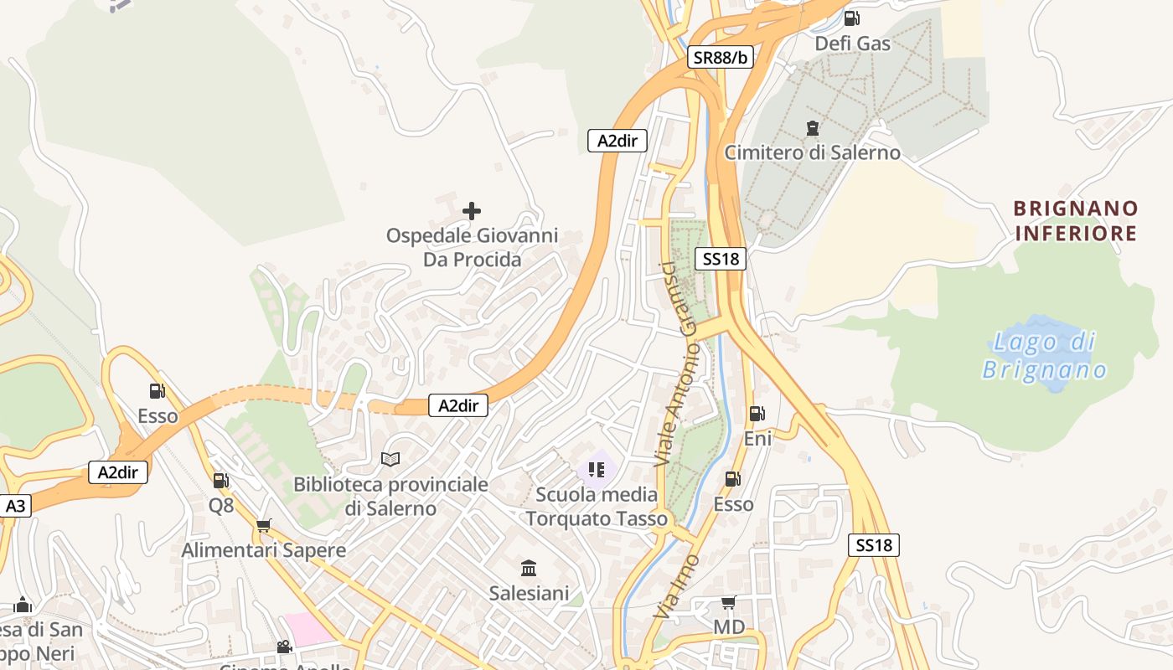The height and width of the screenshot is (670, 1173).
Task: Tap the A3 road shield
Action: (x=16, y=506)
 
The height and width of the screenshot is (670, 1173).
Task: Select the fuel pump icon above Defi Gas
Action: (x=852, y=18)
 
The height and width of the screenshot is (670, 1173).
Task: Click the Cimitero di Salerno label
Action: (x=812, y=152)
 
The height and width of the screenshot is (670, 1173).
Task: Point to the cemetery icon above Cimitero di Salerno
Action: (x=812, y=128)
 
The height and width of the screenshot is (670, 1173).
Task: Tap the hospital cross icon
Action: (x=472, y=211)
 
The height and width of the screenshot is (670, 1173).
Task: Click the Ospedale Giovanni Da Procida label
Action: (x=472, y=248)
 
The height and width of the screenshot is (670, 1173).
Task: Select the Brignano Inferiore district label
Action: (x=1076, y=220)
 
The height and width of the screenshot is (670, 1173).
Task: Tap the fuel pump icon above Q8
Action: (x=221, y=481)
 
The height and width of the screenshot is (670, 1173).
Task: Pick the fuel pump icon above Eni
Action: (x=757, y=413)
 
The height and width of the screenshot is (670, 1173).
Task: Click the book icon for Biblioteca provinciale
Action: (x=390, y=459)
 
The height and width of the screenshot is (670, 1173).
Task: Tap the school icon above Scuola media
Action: (x=597, y=470)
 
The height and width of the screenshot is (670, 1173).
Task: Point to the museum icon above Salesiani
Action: (x=529, y=569)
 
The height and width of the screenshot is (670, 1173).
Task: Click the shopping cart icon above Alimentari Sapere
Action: (x=264, y=526)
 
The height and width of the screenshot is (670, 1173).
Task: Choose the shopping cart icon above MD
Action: (x=729, y=603)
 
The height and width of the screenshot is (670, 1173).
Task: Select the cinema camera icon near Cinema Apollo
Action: (x=285, y=647)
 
